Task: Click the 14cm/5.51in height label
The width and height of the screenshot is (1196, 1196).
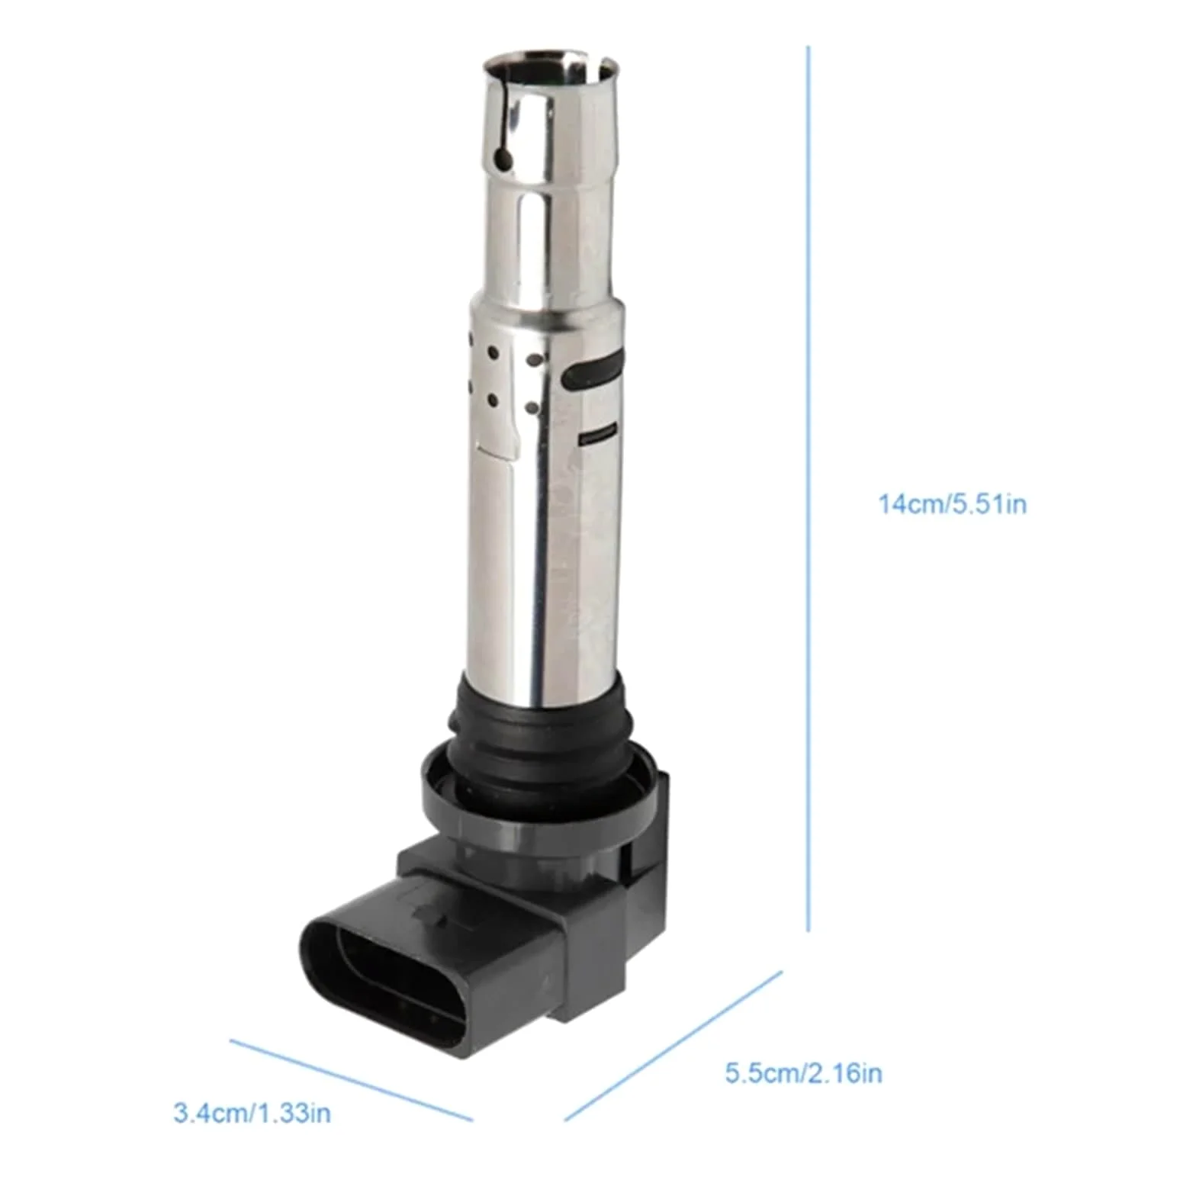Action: pos(953,504)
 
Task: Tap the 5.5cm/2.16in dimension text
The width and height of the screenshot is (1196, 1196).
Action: pos(804,1073)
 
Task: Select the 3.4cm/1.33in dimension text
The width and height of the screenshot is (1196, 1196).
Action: pos(252,1113)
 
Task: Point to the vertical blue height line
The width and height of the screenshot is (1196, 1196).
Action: pos(808,488)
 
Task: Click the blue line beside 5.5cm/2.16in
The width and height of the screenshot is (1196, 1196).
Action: pos(674,1046)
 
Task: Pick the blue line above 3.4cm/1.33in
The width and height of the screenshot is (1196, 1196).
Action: pos(351,1079)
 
